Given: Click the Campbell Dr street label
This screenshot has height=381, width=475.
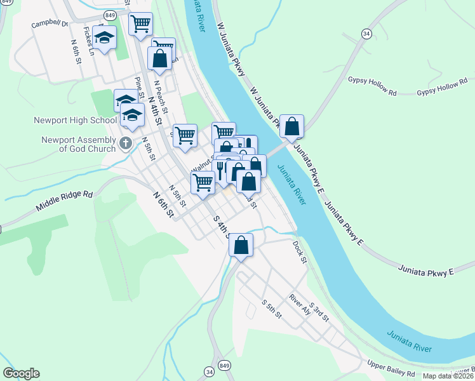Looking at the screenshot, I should tap(50, 23).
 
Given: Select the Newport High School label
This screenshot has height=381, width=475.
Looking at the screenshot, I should tap(76, 120).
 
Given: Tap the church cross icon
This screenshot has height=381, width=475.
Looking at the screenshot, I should tap(125, 143).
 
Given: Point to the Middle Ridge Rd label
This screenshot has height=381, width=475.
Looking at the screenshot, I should tap(64, 202).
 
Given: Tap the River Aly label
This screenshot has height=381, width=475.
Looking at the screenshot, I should tap(299, 304).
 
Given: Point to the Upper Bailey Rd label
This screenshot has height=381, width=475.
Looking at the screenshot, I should tap(391, 368).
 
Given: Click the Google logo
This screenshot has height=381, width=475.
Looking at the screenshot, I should tap(21, 373).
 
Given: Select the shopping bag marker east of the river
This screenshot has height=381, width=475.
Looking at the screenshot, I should tap(291, 127).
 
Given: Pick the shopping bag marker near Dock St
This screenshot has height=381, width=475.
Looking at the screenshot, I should tap(241, 246).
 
